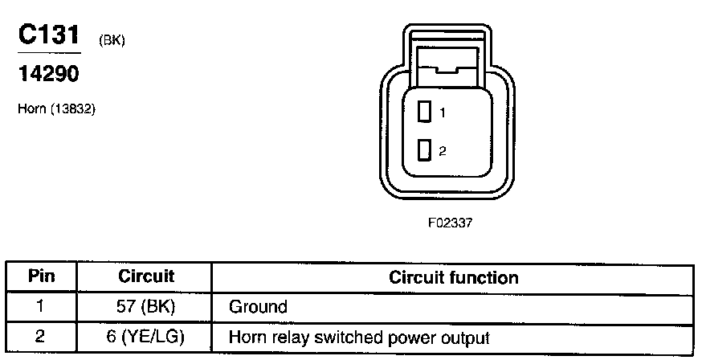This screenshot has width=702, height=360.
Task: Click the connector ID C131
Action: click(50, 36)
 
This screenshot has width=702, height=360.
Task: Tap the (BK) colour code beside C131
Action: click(112, 41)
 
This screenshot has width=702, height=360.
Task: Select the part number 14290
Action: click(48, 73)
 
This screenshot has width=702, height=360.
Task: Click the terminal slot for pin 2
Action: click(425, 150)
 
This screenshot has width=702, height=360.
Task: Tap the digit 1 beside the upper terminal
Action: click(442, 114)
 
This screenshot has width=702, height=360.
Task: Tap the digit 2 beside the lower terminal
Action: click(442, 151)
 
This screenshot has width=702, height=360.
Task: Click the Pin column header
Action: click(41, 277)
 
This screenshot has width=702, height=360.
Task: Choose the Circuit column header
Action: click(145, 277)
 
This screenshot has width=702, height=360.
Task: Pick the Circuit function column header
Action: click(453, 278)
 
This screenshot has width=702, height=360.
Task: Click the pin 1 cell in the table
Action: click(41, 306)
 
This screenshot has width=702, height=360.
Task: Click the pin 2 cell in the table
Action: click(41, 337)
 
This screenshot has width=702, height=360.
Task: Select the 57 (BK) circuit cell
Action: click(145, 306)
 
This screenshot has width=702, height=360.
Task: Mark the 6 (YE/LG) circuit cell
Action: click(145, 337)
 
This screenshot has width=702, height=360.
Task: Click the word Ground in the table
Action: click(258, 307)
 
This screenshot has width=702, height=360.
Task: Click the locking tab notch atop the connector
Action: click(447, 71)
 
